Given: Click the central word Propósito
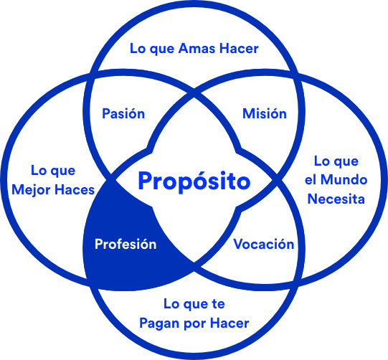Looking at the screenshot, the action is point(194,181).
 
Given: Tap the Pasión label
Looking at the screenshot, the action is point(123,114).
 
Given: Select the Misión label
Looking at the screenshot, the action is point(265,114).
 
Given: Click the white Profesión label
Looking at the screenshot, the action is point(126,245).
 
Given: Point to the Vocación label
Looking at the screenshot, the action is point(264,245).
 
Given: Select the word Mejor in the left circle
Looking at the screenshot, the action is point(32,191).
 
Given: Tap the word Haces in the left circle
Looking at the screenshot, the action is point(75,190).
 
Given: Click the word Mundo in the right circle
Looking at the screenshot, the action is point(344,180).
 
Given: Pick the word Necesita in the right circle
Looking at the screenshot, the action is point(336,199).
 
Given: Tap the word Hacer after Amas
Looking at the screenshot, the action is point(239,49).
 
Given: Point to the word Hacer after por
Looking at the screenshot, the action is point(230,323).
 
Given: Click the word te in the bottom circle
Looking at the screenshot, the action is point(218,304).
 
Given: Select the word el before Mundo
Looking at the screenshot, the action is point(311,180).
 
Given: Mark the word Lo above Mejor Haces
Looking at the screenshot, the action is point(38,171).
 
